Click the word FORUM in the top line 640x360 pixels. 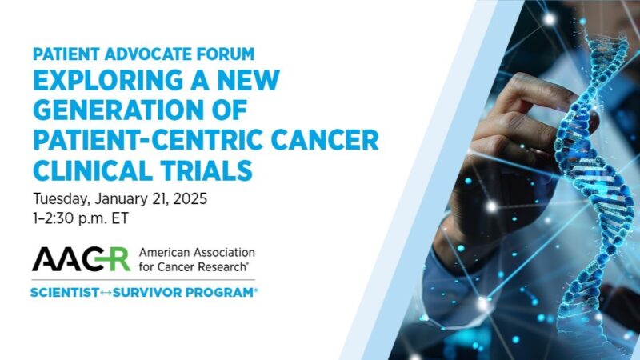click(x=229, y=54)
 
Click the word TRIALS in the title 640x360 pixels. click(x=208, y=169)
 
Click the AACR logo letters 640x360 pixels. click(x=81, y=259)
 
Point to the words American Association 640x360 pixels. click(x=195, y=252)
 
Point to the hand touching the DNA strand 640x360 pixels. click(x=512, y=128)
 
